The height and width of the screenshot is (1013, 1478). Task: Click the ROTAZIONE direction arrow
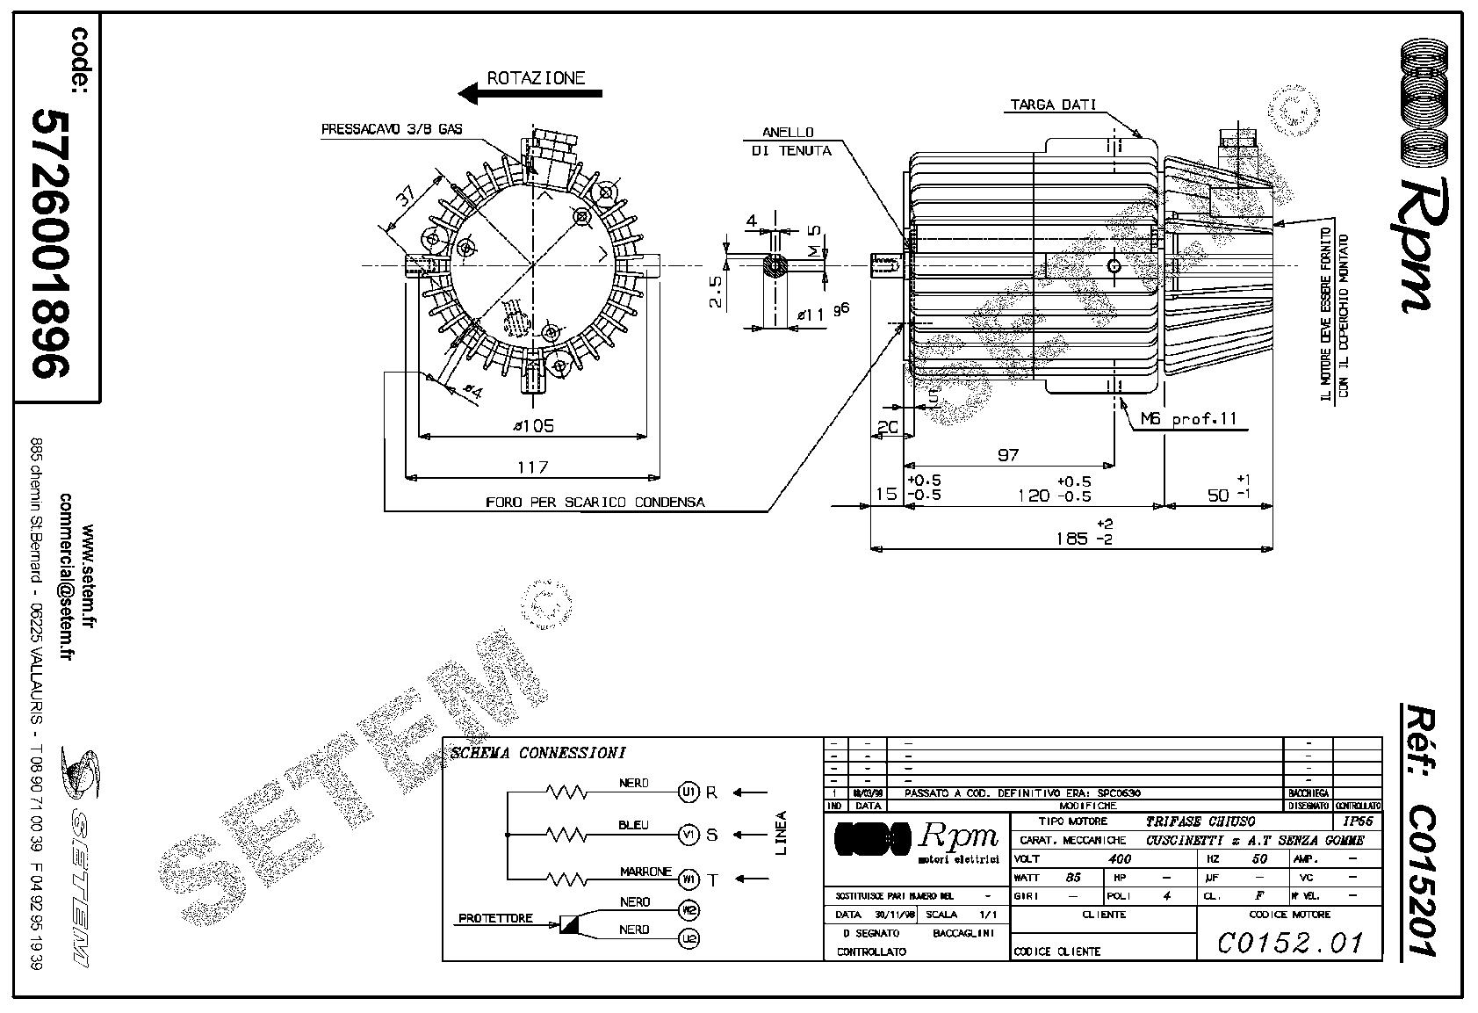pos(530,92)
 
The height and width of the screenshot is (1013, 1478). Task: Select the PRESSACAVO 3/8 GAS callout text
pos(392,129)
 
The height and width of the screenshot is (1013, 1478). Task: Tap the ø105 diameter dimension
pos(533,426)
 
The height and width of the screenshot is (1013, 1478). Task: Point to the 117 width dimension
pos(532,467)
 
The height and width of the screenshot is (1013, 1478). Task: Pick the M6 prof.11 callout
pos(1188,419)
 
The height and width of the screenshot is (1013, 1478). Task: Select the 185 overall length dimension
pos(1071,538)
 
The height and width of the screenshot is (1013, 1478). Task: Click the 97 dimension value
pos(1008,454)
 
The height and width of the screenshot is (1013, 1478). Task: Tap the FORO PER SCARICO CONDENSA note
pos(595,503)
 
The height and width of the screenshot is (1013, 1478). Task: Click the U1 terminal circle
pos(689,792)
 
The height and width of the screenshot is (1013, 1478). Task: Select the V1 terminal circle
pos(689,834)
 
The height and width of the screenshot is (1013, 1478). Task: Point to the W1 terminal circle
pos(689,877)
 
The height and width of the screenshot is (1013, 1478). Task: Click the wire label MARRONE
pos(645,872)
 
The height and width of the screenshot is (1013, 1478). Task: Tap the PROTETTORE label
pos(495,918)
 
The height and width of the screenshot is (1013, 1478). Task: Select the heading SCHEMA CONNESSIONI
pos(537,753)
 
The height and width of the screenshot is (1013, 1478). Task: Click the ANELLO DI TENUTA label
pos(790,141)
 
